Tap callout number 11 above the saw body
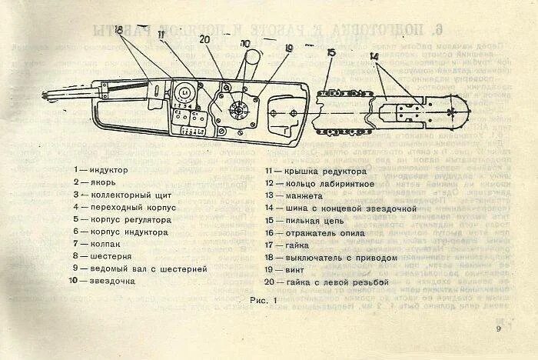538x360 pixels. click(161, 35)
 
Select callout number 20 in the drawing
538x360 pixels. click(204, 38)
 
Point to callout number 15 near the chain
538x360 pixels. click(331, 52)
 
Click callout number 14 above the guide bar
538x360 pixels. click(374, 56)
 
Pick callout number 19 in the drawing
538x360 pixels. click(289, 48)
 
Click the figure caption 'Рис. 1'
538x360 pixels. click(262, 299)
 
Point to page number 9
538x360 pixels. click(499, 328)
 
